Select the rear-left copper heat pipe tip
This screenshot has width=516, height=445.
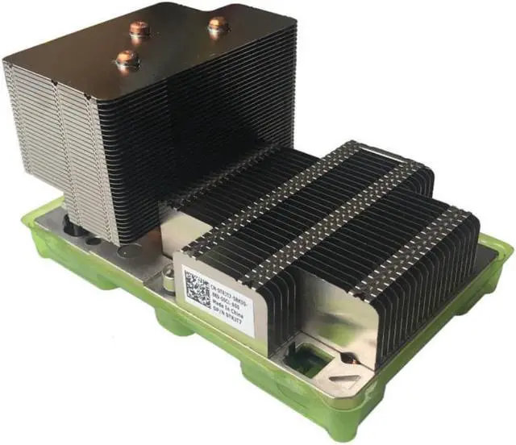click(x=137, y=30)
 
